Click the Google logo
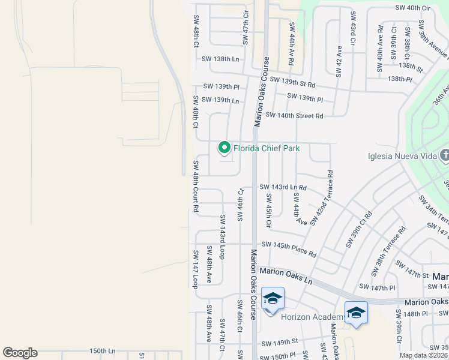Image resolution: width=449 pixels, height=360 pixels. tap(20, 353)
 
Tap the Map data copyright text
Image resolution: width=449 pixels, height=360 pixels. tap(424, 355)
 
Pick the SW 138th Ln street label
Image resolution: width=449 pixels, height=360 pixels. tap(220, 59)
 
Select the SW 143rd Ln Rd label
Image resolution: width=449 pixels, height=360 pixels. tap(283, 187)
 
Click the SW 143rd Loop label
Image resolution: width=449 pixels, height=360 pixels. tap(222, 233)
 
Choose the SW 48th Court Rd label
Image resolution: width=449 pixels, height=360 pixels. tap(196, 186)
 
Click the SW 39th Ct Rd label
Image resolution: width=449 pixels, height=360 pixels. tap(359, 229)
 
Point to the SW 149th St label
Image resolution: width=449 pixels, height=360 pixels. tap(279, 341)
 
